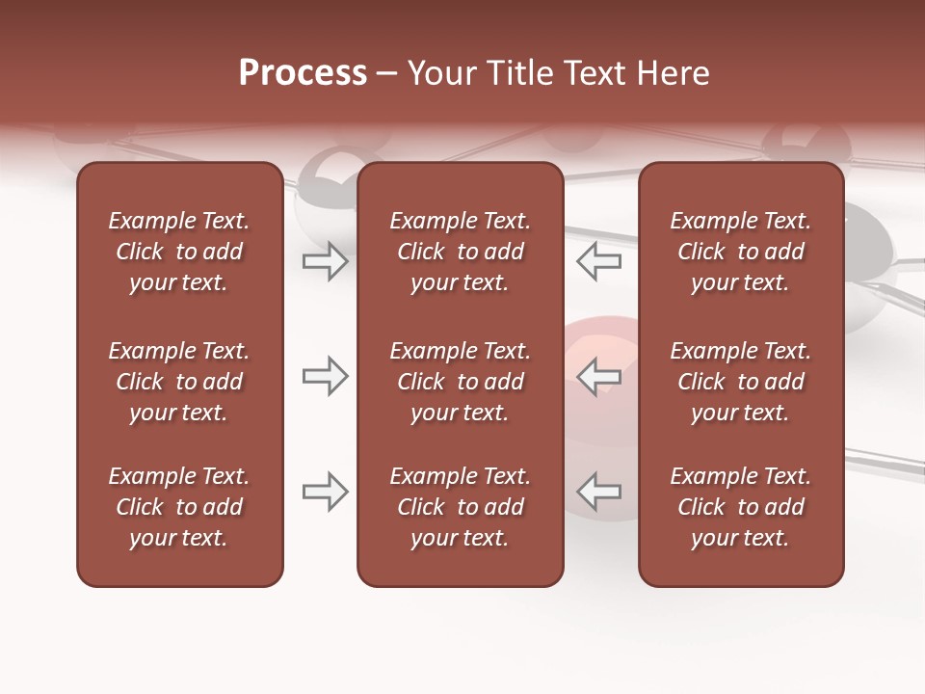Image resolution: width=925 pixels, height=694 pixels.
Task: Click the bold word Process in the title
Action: click(x=303, y=72)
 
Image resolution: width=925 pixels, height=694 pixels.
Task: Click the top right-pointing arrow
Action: click(x=326, y=260)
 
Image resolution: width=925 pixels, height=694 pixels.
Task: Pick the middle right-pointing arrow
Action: click(x=326, y=376)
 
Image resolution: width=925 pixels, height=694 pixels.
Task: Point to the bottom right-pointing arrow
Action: click(x=326, y=492)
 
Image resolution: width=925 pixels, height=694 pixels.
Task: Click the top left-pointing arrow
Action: click(x=598, y=260)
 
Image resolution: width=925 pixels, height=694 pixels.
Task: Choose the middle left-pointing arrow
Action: click(x=598, y=376)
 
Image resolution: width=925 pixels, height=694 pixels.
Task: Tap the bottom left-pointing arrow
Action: click(x=598, y=492)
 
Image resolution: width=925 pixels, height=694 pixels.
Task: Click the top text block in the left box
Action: click(x=179, y=252)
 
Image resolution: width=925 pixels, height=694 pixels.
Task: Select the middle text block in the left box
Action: click(x=179, y=382)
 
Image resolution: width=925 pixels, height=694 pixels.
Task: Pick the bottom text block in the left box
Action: click(x=179, y=507)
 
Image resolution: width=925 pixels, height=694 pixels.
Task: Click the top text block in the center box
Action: click(x=460, y=252)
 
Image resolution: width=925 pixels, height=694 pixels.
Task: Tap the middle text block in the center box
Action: click(x=460, y=382)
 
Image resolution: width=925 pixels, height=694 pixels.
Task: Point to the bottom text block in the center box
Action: click(x=460, y=507)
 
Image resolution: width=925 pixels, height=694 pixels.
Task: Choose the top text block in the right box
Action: click(x=740, y=252)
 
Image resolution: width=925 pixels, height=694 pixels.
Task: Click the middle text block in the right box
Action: click(x=740, y=382)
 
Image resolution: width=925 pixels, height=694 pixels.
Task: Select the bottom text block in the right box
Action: click(x=740, y=507)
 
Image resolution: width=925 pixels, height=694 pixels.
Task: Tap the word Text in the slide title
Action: click(x=592, y=72)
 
